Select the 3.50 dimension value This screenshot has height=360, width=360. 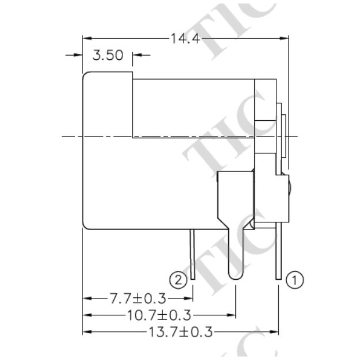[x=108, y=56]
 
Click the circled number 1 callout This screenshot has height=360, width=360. [x=294, y=280]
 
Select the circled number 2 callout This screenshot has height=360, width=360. [x=181, y=280]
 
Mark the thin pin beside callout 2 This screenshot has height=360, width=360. [x=192, y=255]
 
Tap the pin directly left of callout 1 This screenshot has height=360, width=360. [x=280, y=255]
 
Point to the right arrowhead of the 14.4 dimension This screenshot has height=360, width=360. [x=284, y=39]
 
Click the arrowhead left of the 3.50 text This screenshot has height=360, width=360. [x=78, y=56]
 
